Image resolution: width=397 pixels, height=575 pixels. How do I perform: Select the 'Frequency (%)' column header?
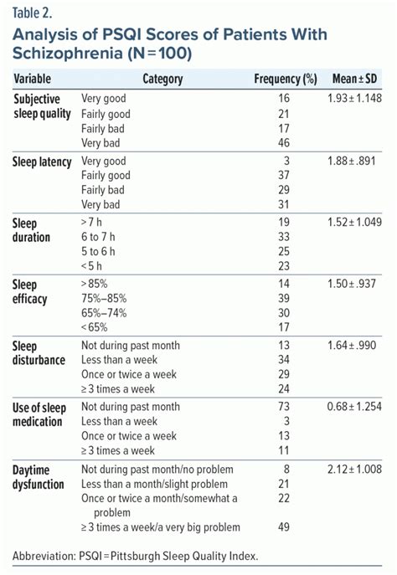286,80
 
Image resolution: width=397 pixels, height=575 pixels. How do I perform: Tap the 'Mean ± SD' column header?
354,80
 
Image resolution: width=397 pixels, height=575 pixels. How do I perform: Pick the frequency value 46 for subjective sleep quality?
283,144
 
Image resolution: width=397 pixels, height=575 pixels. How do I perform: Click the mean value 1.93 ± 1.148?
354,99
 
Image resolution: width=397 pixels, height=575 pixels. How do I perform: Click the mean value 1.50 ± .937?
354,285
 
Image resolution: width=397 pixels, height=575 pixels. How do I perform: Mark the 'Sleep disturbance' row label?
40,353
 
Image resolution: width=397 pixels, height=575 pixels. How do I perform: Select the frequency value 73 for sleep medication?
283,407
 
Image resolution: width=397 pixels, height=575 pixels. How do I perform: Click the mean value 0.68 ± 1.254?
354,407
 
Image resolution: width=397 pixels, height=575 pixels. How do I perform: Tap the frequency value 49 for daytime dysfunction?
283,528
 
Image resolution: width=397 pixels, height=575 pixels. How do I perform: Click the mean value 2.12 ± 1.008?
354,469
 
